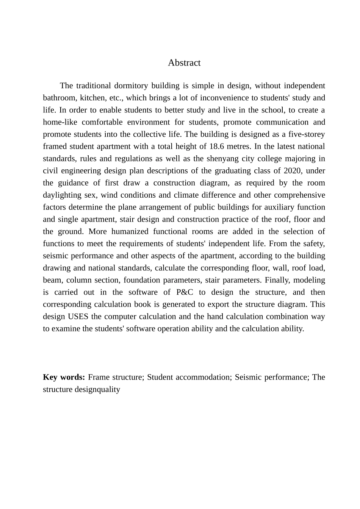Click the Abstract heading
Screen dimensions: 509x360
(x=184, y=63)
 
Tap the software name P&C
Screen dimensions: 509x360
(x=185, y=292)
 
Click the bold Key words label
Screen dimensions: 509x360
(x=64, y=377)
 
